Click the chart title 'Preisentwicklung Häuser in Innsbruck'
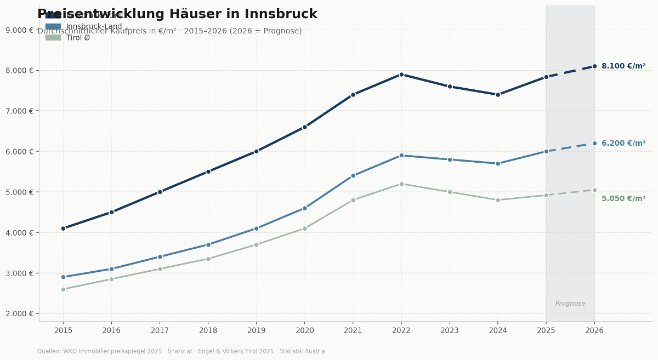point(177,14)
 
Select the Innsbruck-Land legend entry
point(94,27)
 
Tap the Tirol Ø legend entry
point(78,38)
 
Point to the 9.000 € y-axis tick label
point(19,30)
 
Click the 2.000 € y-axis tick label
point(19,313)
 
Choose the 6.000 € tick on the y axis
point(19,151)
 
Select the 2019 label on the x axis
point(256,330)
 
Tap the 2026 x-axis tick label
point(594,330)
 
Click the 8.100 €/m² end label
point(623,66)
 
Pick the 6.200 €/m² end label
point(623,144)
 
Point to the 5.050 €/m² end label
point(623,199)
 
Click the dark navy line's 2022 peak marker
point(401,75)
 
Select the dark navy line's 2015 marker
point(63,228)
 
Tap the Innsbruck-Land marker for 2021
point(353,176)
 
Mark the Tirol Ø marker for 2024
point(498,200)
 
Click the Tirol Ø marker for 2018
point(208,259)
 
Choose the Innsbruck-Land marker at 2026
point(594,144)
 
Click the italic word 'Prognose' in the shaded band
point(570,304)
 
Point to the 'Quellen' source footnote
point(181,351)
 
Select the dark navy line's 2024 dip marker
point(498,95)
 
